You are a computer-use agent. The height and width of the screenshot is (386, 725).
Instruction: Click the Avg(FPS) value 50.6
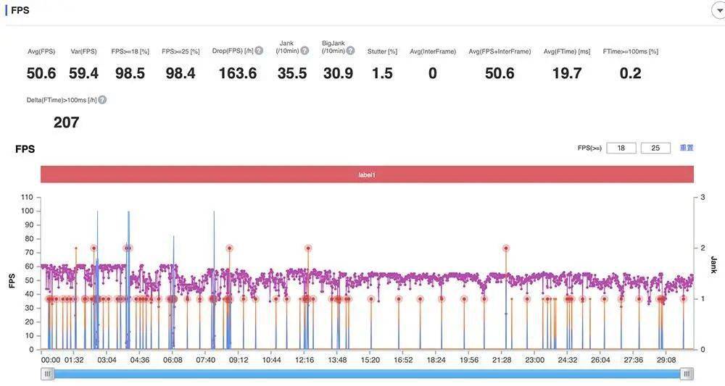click(41, 73)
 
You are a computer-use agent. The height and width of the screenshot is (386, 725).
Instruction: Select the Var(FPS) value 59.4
click(83, 73)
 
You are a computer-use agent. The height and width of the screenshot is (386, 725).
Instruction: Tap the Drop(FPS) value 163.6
click(238, 73)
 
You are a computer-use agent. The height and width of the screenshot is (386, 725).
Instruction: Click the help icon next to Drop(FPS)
click(259, 51)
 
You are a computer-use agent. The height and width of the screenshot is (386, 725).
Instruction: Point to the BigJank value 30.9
click(338, 73)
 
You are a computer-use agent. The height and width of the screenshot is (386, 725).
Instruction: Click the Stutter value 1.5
click(382, 73)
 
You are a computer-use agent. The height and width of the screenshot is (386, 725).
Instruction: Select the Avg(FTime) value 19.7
click(567, 73)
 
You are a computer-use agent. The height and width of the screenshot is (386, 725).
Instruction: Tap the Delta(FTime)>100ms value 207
click(66, 122)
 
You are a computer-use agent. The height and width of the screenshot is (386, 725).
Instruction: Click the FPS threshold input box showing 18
click(621, 148)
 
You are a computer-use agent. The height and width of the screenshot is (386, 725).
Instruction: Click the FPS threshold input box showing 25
click(655, 148)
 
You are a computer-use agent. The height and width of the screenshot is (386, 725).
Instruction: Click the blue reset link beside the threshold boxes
click(686, 148)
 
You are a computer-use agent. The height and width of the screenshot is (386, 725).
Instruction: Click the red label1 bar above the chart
click(367, 175)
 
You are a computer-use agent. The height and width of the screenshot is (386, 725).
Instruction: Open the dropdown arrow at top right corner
click(720, 11)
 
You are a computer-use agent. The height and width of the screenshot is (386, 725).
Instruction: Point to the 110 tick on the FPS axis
click(28, 197)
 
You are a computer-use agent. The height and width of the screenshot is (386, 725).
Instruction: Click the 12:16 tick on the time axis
click(304, 360)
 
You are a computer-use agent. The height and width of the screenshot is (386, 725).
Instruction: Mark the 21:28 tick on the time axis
click(502, 360)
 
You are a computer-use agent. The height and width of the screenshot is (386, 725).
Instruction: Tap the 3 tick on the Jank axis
click(703, 197)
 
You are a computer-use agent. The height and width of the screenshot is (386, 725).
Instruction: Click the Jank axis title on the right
click(713, 264)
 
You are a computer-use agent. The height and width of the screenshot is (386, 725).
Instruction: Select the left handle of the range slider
click(48, 374)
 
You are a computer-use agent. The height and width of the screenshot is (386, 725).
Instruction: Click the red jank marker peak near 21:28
click(506, 248)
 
